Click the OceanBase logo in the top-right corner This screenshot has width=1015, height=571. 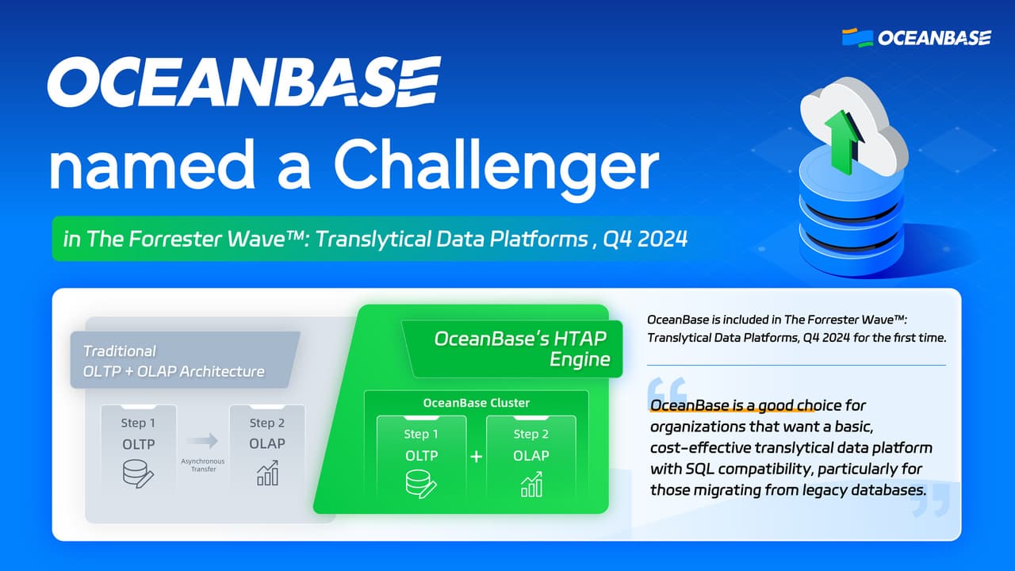tap(916, 37)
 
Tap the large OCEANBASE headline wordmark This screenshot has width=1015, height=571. tap(243, 82)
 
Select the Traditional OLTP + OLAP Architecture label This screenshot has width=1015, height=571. tap(174, 361)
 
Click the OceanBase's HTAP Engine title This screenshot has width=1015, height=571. tap(520, 349)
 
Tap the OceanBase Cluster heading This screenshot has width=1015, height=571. tap(476, 403)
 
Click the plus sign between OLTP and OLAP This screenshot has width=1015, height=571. tap(477, 458)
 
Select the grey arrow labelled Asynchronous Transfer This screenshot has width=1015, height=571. tap(202, 441)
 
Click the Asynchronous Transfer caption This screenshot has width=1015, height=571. tap(202, 465)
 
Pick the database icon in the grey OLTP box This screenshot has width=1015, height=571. tap(138, 473)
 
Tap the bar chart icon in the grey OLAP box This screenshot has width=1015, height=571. tap(267, 473)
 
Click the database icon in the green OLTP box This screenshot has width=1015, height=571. tap(421, 485)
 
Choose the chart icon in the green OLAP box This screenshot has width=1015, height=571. tap(530, 485)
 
